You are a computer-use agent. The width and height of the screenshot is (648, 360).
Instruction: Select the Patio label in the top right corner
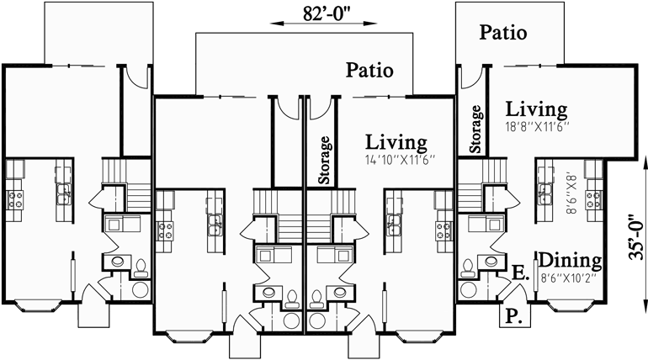click(503, 33)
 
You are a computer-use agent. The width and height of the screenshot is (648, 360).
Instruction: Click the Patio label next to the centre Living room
click(369, 71)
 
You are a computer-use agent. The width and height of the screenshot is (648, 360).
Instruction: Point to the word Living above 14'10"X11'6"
click(396, 142)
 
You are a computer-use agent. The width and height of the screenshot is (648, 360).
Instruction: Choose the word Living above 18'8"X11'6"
click(536, 109)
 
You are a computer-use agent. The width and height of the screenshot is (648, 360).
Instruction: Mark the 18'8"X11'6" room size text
click(537, 126)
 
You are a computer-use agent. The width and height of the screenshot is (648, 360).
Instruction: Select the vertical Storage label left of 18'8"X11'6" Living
click(476, 130)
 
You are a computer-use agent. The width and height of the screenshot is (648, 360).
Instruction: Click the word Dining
click(570, 259)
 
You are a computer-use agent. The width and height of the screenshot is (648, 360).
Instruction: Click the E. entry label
click(519, 273)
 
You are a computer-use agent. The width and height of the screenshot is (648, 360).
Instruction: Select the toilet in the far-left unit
click(141, 268)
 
